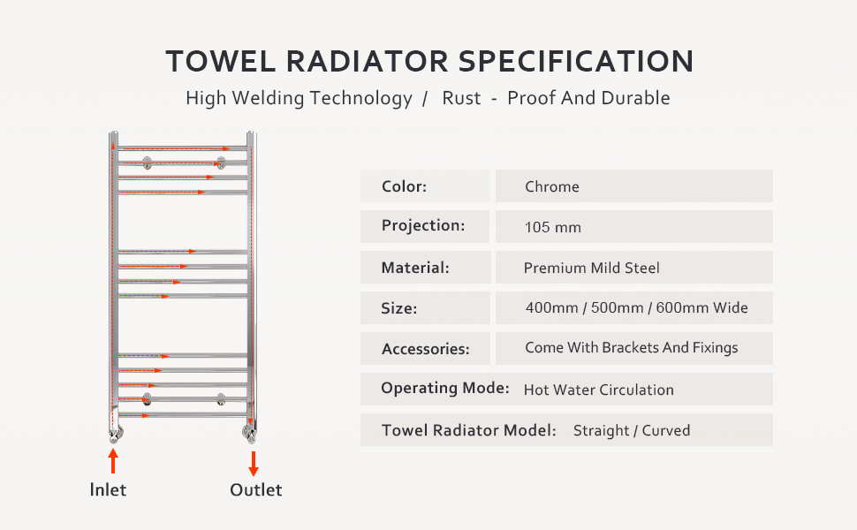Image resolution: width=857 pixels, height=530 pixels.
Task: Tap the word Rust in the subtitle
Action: [x=461, y=98]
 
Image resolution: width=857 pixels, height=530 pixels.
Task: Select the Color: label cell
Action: [x=425, y=186]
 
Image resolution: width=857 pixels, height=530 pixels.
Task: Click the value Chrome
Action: [x=552, y=186]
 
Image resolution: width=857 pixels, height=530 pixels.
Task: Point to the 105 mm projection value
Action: [x=552, y=227]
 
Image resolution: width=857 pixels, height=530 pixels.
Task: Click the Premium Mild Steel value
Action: [x=591, y=268]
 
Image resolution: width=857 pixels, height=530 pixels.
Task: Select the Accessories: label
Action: [x=425, y=349]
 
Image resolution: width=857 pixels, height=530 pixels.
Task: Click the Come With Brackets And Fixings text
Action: [x=631, y=348]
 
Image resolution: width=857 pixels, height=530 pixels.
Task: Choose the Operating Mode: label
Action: [x=444, y=389]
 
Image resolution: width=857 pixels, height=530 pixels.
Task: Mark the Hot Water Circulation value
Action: [x=598, y=390]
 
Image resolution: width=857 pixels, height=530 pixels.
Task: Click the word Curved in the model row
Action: [x=667, y=431]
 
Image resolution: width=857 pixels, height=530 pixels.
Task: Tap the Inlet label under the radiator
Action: [x=108, y=489]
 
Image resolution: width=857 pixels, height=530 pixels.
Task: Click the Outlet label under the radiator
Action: [x=255, y=489]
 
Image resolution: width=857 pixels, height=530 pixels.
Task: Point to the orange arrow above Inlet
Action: [x=112, y=462]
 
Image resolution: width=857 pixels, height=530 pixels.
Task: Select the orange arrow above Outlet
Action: [x=254, y=464]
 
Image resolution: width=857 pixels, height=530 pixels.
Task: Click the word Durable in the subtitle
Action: [x=636, y=98]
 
